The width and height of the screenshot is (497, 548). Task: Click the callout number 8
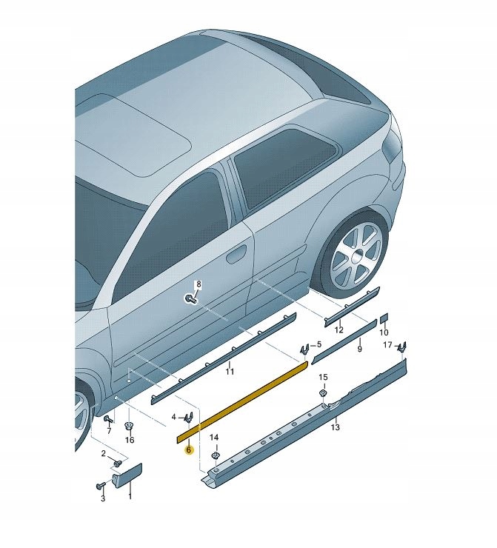point(198,284)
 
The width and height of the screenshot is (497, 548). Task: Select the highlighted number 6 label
point(189,450)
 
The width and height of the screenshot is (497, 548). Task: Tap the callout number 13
point(335,427)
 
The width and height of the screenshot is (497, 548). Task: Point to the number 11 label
point(230,370)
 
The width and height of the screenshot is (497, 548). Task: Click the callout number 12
point(339,330)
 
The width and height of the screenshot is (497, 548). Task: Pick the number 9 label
point(359,348)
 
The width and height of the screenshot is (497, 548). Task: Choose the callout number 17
point(387,345)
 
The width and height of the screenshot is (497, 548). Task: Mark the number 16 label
point(130,440)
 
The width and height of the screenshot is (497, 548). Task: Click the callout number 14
point(214,438)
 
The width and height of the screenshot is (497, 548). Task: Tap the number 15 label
point(322,378)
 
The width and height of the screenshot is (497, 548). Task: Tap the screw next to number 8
point(191,298)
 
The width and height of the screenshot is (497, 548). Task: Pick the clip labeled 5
point(304,348)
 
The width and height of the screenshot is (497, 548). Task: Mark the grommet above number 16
point(128,426)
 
